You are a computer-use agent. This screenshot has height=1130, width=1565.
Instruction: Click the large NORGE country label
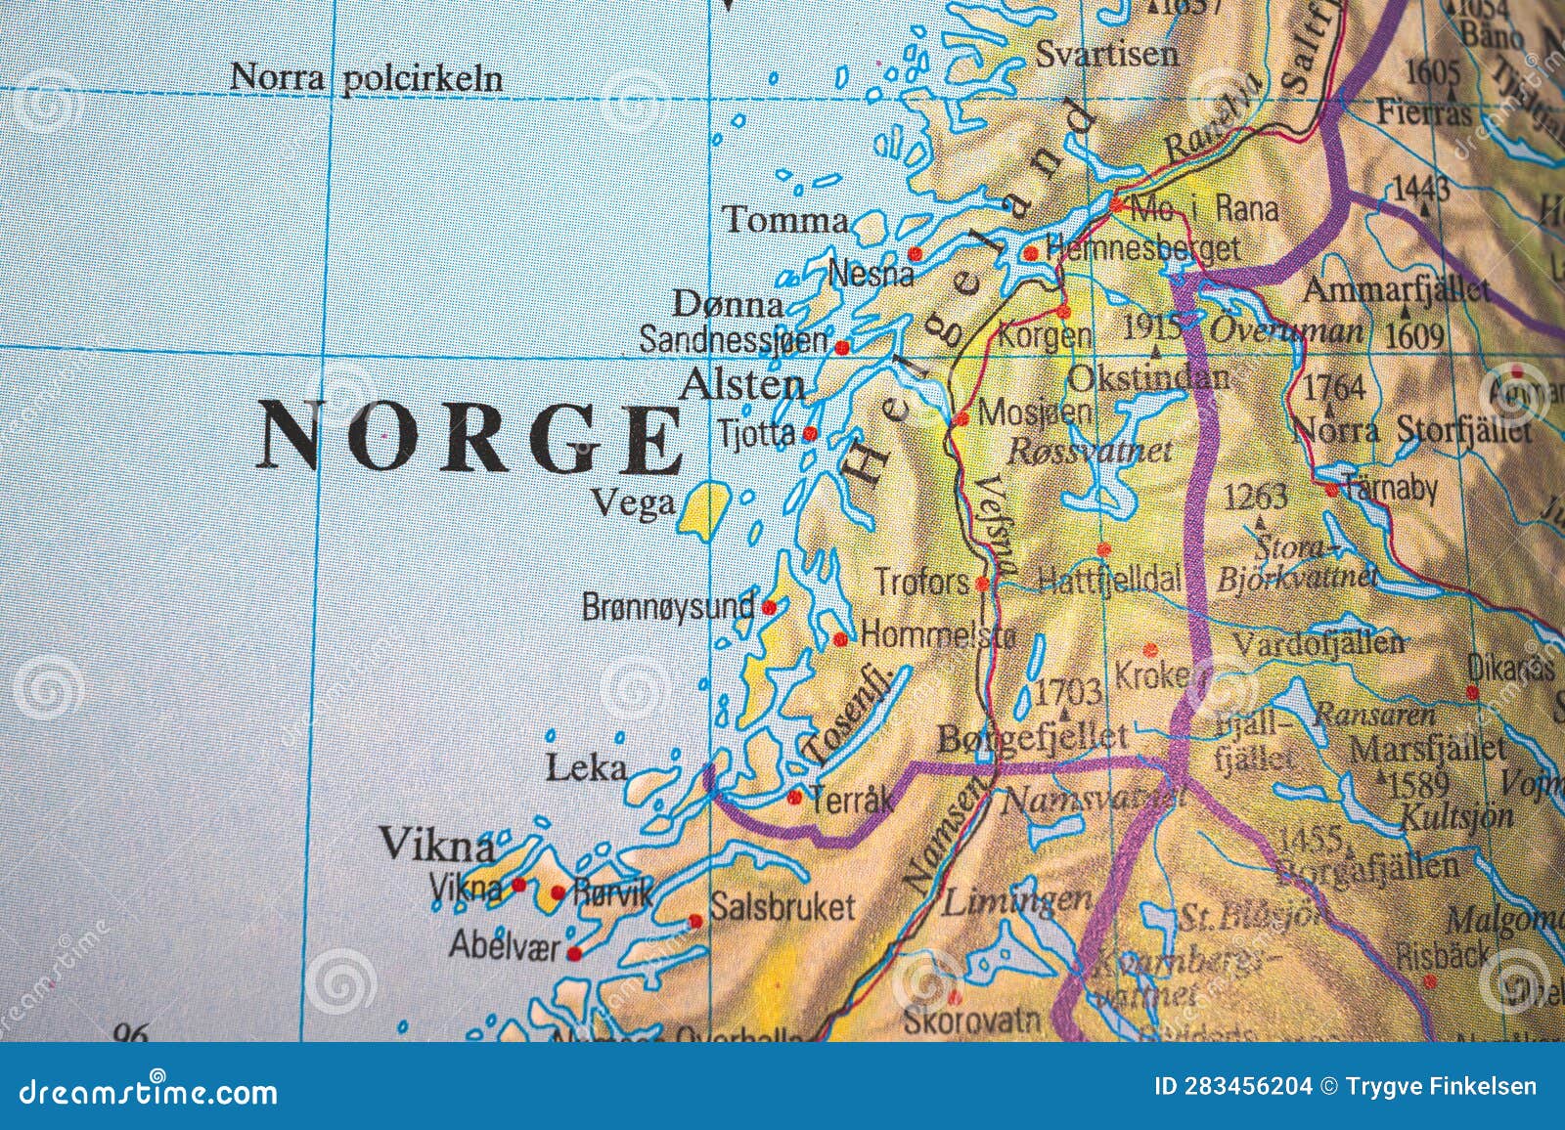tap(469, 437)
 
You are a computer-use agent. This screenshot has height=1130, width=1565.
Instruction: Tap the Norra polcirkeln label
tap(366, 78)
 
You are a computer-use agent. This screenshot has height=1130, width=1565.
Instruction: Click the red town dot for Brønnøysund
tap(769, 607)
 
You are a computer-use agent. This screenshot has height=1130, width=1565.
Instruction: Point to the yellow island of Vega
tap(706, 508)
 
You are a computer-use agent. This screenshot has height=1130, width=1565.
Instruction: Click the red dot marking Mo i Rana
tap(1116, 205)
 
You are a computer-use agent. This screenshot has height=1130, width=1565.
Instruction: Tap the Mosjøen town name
tap(1035, 413)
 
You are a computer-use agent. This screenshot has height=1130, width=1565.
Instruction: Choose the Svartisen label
tap(1106, 53)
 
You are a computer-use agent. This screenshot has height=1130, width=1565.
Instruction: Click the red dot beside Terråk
tap(794, 798)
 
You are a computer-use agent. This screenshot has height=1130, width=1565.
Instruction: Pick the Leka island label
tap(586, 767)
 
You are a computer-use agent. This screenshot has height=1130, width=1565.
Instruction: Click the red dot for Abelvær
tap(574, 953)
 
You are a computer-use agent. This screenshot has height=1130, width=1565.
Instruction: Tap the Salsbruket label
tap(782, 906)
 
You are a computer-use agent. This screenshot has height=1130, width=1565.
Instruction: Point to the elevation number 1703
tap(1068, 692)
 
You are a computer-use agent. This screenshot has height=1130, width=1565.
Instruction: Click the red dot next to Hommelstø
tap(840, 639)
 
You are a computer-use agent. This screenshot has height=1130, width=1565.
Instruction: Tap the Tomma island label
tap(785, 221)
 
